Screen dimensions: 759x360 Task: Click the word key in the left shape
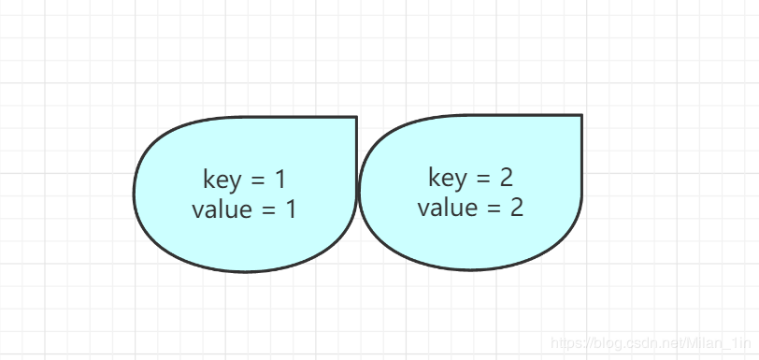tap(221, 180)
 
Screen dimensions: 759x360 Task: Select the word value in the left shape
tap(222, 209)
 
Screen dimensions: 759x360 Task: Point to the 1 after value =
tap(291, 209)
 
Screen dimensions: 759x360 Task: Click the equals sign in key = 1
tap(255, 180)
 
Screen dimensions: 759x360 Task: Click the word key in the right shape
tap(446, 178)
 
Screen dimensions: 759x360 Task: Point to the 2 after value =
tap(517, 208)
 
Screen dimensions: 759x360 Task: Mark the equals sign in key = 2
tap(480, 178)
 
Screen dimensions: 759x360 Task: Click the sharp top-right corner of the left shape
tap(356, 117)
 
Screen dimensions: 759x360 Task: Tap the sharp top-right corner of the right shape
tap(581, 115)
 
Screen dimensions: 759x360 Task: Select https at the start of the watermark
tap(565, 344)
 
